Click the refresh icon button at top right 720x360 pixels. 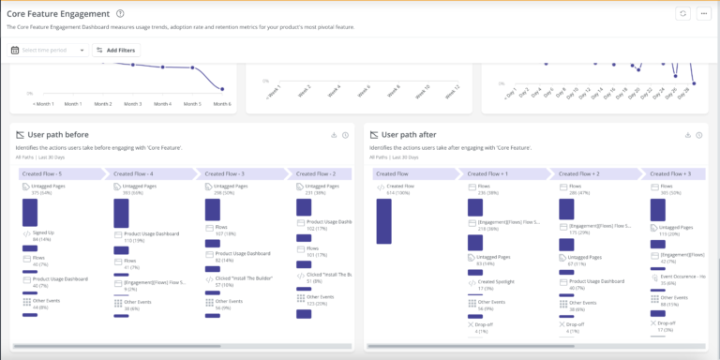point(683,14)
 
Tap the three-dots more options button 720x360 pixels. point(704,14)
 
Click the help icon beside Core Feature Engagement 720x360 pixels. point(120,14)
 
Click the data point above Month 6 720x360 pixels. point(222,89)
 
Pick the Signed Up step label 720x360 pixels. point(43,232)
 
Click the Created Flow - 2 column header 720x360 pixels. point(313,173)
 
